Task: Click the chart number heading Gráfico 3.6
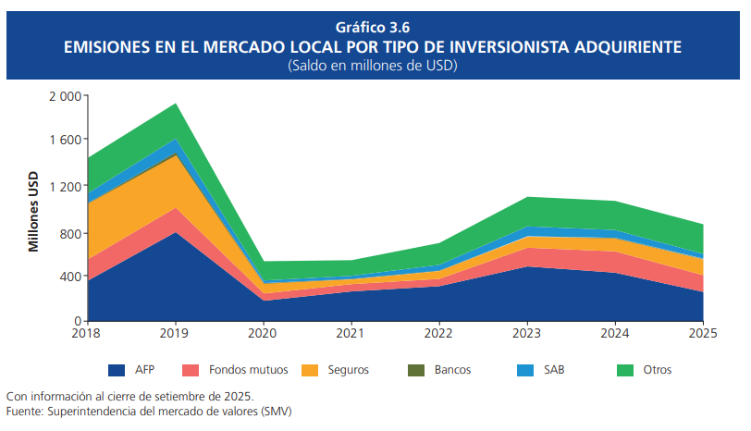tap(375, 27)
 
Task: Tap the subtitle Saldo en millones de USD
tap(375, 66)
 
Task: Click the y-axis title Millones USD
tap(34, 212)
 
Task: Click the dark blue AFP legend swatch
tap(117, 370)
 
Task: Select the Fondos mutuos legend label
tap(248, 370)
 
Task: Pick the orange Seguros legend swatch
tap(311, 370)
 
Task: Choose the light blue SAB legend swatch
tap(525, 370)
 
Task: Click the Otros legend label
tap(657, 370)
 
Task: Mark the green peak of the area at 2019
tap(176, 105)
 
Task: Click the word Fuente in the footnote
tap(23, 410)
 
